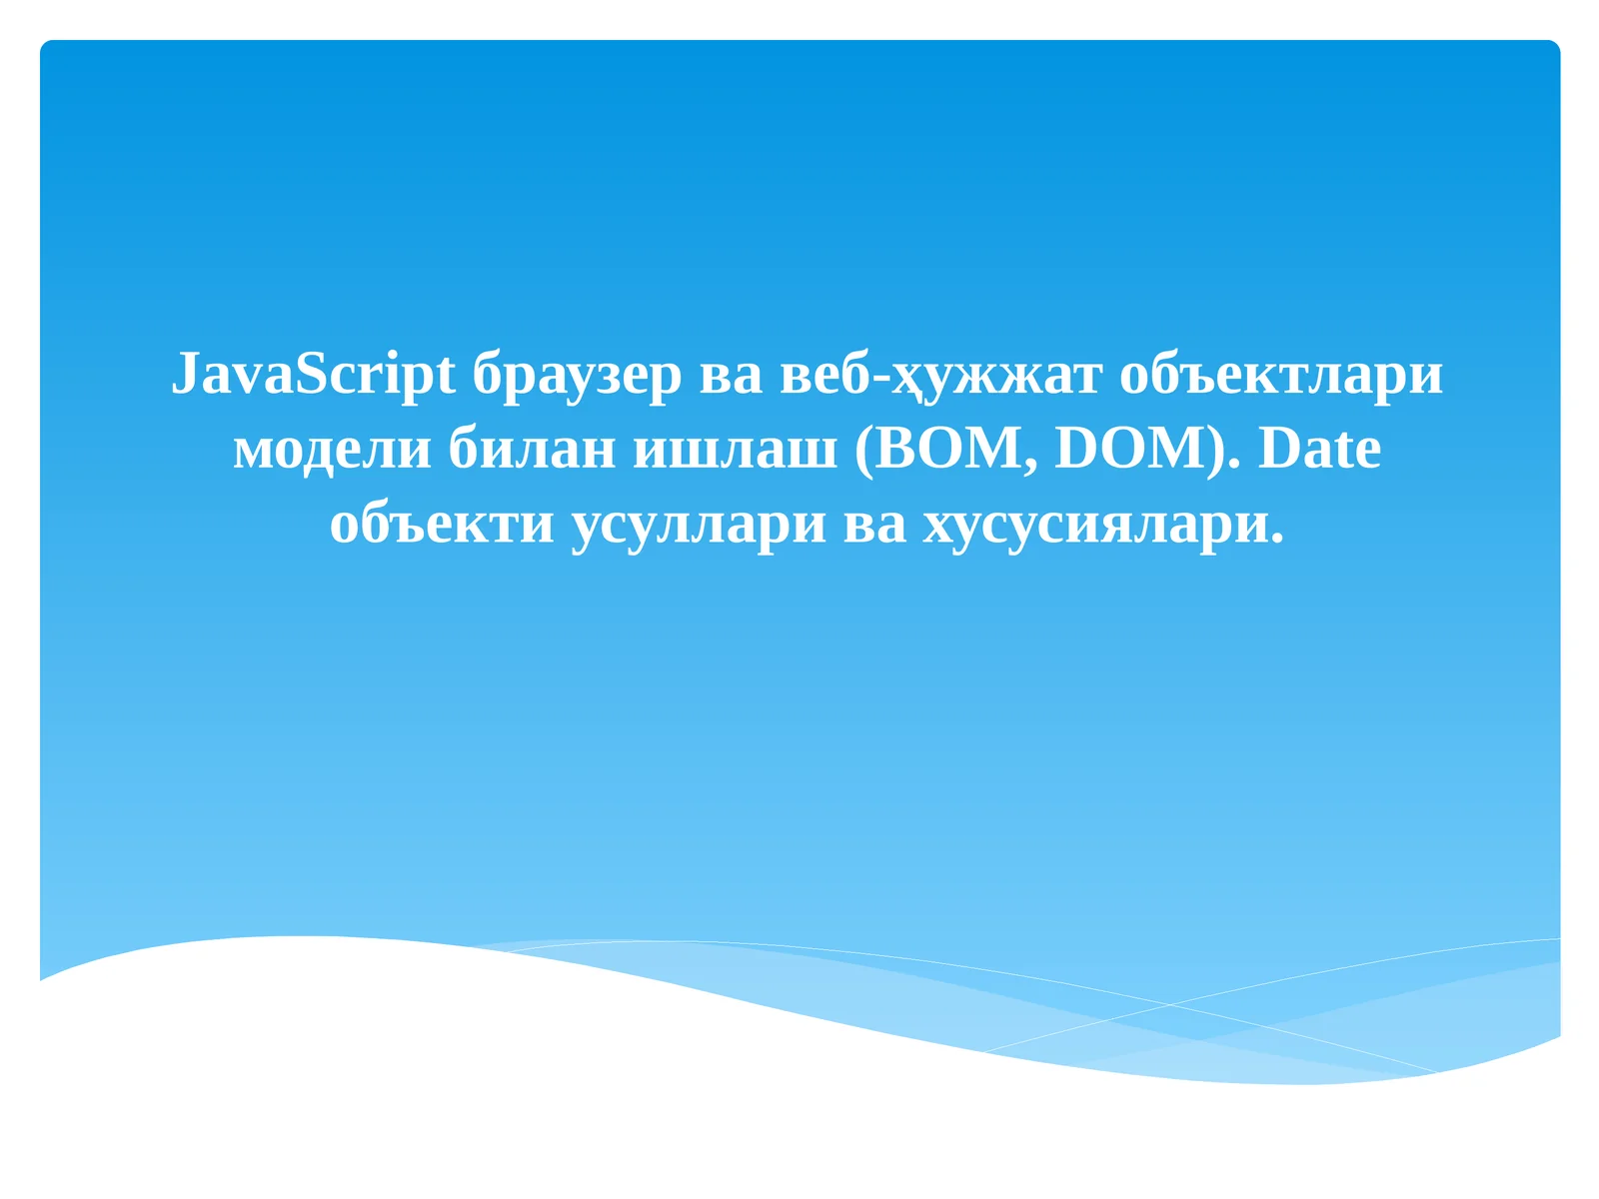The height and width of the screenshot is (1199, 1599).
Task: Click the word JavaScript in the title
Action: point(313,375)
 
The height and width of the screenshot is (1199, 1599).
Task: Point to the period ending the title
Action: point(1276,539)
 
